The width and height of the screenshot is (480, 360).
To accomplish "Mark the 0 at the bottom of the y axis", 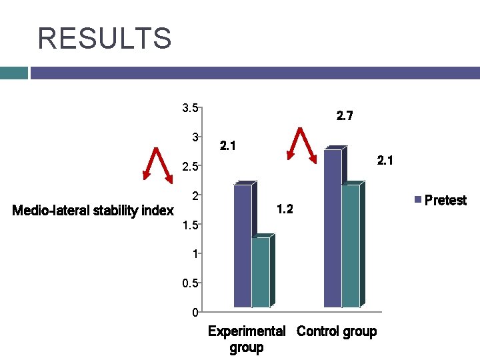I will pos(193,312).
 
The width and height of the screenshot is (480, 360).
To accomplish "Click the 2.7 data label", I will pos(345,117).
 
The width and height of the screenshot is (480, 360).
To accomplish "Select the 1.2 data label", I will pos(284,210).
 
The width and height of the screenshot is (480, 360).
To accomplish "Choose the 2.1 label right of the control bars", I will pos(385,161).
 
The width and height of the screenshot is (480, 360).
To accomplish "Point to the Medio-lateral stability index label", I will pos(93,211).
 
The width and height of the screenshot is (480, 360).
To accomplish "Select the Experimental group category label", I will pos(247,339).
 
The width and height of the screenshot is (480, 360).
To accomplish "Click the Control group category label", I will pos(337,331).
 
